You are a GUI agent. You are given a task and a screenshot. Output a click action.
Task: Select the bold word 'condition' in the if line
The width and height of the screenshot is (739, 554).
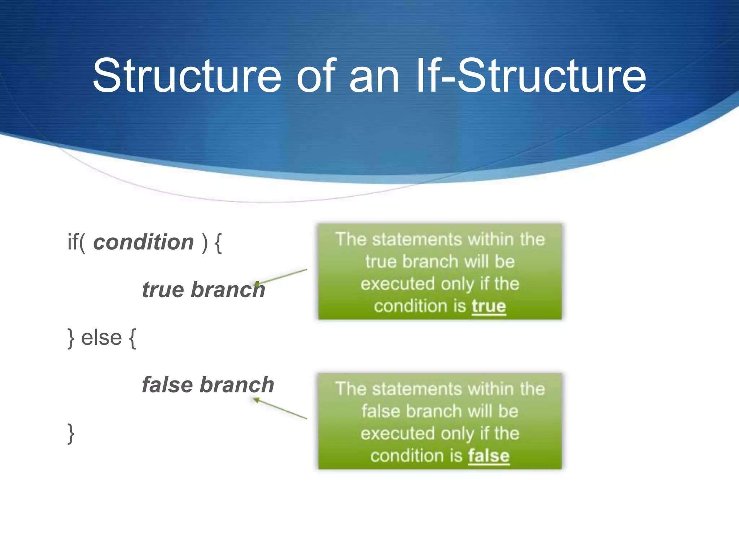pos(143,242)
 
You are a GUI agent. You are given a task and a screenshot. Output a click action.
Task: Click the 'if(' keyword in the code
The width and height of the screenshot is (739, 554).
pos(76,242)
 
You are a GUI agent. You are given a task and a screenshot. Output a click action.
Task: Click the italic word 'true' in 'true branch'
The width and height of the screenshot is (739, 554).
pos(163,290)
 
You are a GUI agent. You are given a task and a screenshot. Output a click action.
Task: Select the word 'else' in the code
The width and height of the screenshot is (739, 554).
pos(101,338)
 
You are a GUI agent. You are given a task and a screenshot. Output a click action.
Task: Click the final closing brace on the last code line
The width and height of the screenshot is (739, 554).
pos(71,433)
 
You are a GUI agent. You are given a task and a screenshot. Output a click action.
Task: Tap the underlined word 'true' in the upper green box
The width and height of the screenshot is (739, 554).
pos(489,306)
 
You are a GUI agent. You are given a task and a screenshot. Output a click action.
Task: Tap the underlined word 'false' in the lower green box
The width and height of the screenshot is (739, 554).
pos(489,456)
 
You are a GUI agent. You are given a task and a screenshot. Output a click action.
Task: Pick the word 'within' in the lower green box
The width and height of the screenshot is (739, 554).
pos(490,389)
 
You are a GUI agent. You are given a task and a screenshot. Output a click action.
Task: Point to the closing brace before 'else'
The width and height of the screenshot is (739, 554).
pos(71,338)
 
